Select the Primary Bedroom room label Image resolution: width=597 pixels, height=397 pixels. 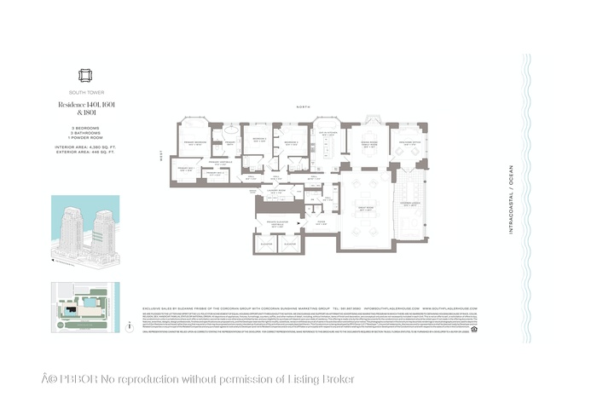[194, 143]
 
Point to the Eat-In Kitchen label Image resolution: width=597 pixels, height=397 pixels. [327, 134]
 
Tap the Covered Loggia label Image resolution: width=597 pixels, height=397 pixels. [409, 203]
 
